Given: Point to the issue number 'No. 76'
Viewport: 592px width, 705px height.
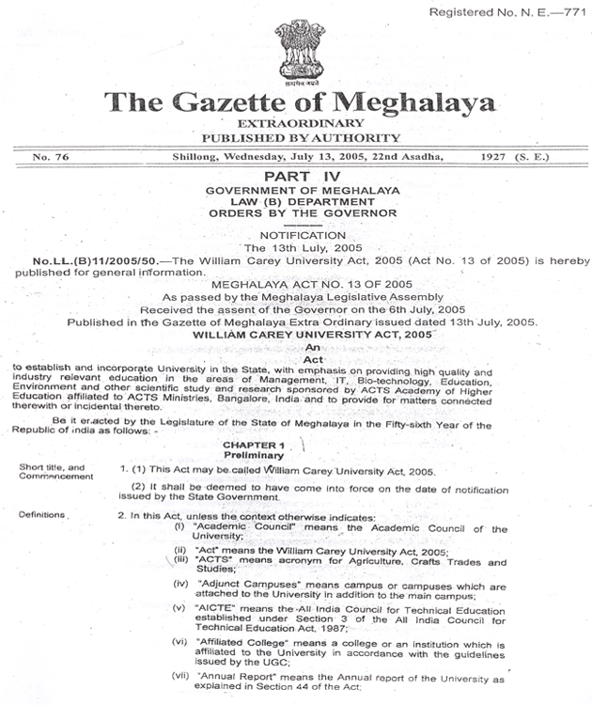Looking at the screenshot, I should (54, 155).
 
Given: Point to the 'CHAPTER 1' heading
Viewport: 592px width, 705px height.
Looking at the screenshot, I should (254, 443).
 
